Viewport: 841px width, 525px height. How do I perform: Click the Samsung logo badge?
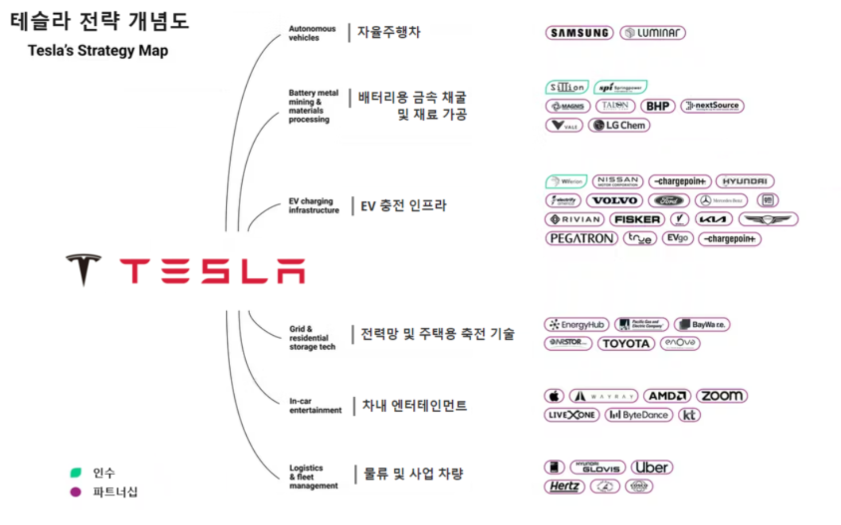click(x=579, y=33)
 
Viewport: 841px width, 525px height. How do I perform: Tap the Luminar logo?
click(x=653, y=33)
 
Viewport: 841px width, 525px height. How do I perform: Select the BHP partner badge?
click(x=658, y=106)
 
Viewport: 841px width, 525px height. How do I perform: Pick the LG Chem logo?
click(x=619, y=125)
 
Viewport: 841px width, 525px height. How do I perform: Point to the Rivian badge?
click(x=575, y=220)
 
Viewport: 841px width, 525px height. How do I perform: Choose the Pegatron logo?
click(x=581, y=238)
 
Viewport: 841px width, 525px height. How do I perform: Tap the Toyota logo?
click(x=626, y=343)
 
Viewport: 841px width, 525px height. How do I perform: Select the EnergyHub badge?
click(x=577, y=324)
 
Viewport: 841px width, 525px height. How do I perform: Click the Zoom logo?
click(x=722, y=395)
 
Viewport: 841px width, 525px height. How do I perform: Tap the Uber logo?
click(x=652, y=467)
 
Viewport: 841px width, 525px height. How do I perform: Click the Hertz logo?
click(x=564, y=486)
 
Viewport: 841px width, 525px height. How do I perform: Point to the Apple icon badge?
click(x=554, y=395)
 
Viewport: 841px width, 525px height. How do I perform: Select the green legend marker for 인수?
click(x=76, y=473)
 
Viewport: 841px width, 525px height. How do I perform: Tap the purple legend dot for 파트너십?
click(x=76, y=492)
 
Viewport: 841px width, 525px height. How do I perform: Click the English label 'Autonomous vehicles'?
click(x=312, y=33)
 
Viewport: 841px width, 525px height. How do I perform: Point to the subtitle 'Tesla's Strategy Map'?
click(x=98, y=50)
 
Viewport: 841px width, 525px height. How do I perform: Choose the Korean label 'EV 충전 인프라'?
click(x=403, y=206)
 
